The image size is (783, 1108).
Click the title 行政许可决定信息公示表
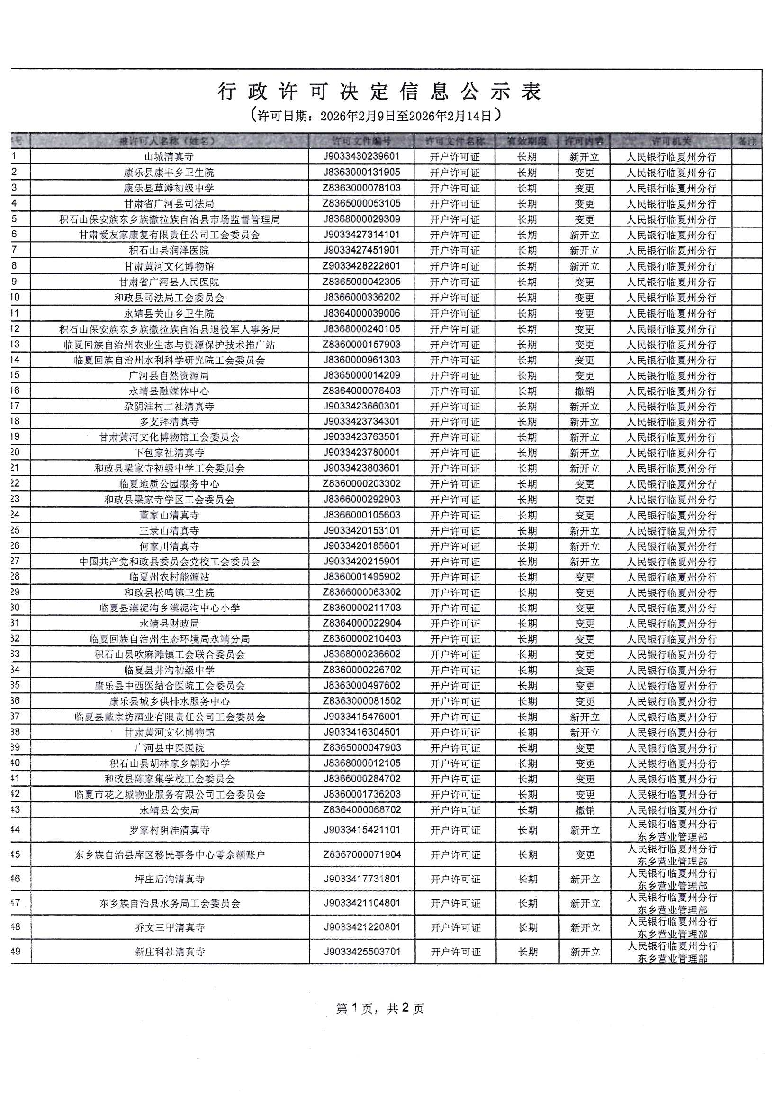[380, 91]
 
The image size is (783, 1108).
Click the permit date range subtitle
[376, 116]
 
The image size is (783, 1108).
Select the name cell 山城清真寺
[169, 157]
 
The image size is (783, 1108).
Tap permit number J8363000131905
[361, 173]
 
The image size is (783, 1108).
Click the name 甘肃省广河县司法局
[169, 204]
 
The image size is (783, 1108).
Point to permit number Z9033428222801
[361, 266]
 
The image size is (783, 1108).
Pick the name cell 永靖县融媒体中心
[169, 391]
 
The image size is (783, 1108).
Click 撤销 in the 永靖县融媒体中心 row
[584, 391]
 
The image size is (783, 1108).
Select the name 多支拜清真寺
[169, 422]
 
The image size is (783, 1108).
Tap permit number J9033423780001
[361, 453]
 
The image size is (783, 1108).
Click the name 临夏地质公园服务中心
[169, 483]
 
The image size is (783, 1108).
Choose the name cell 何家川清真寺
[169, 546]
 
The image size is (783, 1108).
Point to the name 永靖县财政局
[169, 624]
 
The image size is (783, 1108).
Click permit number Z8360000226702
[361, 670]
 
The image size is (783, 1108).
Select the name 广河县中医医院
[169, 747]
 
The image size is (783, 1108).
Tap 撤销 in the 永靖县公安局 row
[585, 810]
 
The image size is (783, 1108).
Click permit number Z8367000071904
[362, 854]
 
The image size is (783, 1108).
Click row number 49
[16, 952]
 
